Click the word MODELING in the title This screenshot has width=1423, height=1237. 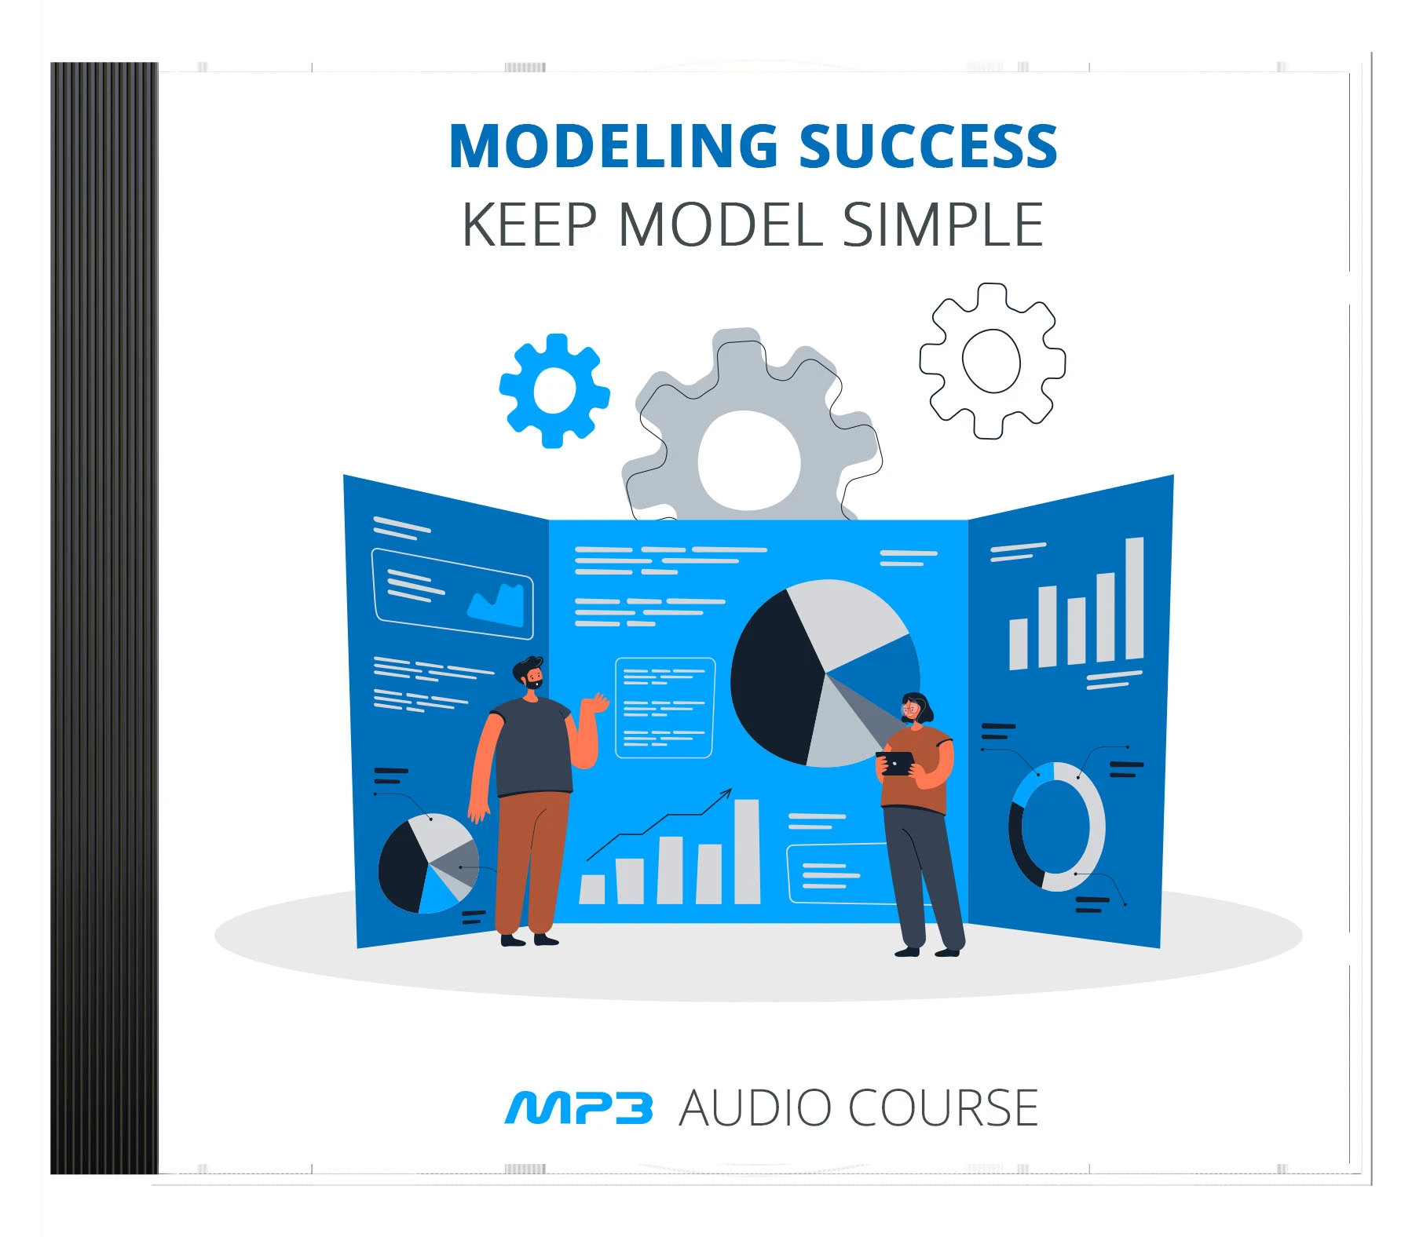613,146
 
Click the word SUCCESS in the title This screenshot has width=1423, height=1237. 928,146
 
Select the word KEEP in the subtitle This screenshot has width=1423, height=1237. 530,224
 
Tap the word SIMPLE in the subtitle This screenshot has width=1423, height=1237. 942,224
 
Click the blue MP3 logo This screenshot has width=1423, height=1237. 579,1107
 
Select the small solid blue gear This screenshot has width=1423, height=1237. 554,391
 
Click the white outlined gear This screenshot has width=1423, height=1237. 992,360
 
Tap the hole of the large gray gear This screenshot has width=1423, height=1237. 748,461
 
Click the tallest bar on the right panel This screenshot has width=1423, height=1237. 1134,598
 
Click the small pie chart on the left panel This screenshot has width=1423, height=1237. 429,863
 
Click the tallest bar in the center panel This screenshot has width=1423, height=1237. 747,852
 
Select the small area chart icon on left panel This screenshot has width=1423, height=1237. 496,605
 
